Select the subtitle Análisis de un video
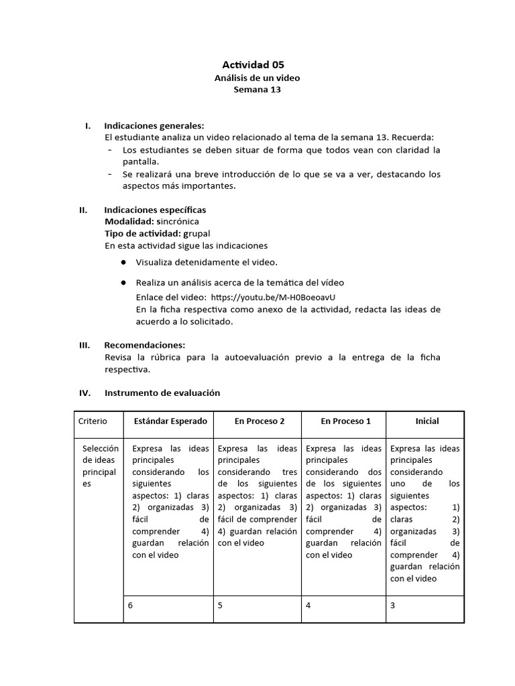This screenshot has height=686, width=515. (x=257, y=78)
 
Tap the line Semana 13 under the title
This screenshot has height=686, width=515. (x=257, y=90)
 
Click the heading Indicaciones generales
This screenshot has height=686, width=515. (x=154, y=125)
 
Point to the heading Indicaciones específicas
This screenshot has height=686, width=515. (x=155, y=210)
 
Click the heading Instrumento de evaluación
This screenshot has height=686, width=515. (x=162, y=393)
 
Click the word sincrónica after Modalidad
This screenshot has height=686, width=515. (x=177, y=221)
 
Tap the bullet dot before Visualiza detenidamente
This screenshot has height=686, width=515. (x=124, y=262)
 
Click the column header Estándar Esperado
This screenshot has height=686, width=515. (x=170, y=421)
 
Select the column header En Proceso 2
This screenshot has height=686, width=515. (x=260, y=421)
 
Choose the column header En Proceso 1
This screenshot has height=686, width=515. (x=345, y=421)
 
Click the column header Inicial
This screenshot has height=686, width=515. (x=427, y=421)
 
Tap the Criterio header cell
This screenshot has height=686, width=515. (x=93, y=421)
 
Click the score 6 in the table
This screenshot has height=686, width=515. (x=131, y=605)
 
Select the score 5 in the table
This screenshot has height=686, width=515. (x=220, y=605)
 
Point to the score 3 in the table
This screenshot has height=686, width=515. (x=392, y=605)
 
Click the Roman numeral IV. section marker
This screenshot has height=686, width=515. (x=84, y=393)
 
